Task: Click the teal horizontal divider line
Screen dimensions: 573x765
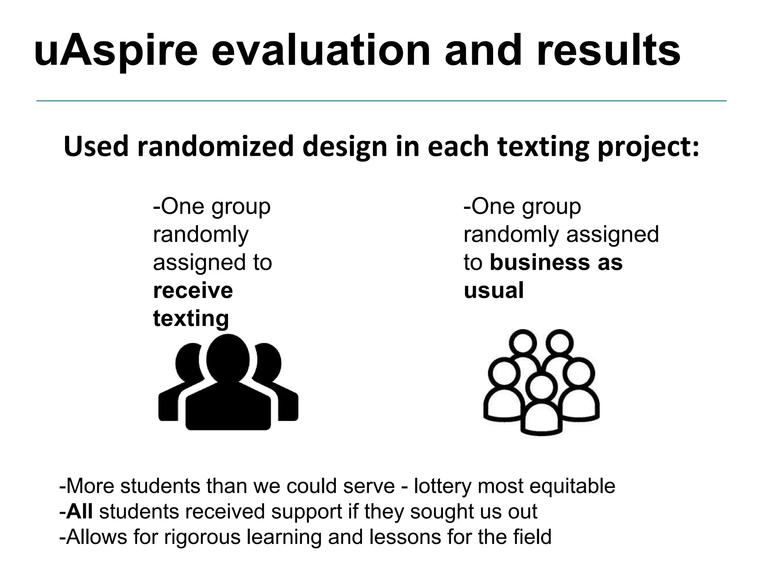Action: pyautogui.click(x=381, y=101)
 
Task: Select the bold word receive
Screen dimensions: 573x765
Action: pyautogui.click(x=193, y=290)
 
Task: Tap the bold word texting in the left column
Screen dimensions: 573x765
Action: pyautogui.click(x=191, y=319)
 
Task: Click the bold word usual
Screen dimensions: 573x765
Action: pyautogui.click(x=493, y=290)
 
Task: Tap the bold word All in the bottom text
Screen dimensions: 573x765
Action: pyautogui.click(x=79, y=511)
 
